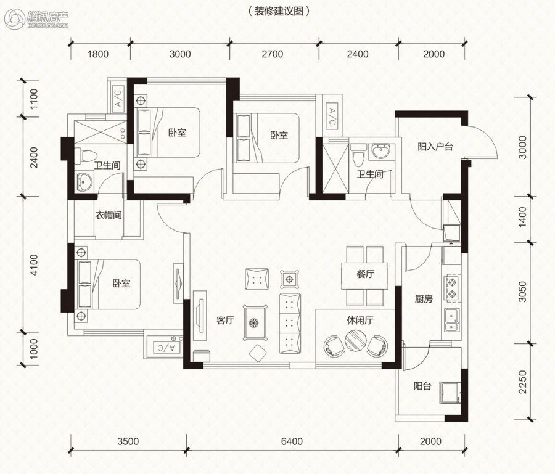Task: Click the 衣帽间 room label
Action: [x=109, y=215]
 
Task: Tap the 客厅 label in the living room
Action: [x=226, y=321]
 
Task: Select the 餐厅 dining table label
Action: [x=366, y=274]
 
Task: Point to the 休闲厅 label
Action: [x=360, y=321]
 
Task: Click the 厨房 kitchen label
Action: [x=424, y=299]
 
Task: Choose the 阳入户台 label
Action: [x=435, y=147]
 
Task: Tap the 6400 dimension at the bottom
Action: [x=292, y=441]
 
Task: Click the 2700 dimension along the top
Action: [x=273, y=54]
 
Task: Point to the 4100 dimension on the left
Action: [x=35, y=265]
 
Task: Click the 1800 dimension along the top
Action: [x=98, y=54]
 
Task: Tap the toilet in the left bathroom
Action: [x=85, y=156]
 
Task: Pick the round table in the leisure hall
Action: [x=356, y=340]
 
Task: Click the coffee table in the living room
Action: [x=255, y=322]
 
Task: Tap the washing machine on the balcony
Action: [x=450, y=393]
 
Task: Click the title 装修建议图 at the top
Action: [x=279, y=11]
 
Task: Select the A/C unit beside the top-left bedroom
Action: [x=118, y=97]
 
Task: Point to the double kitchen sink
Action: [x=452, y=320]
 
